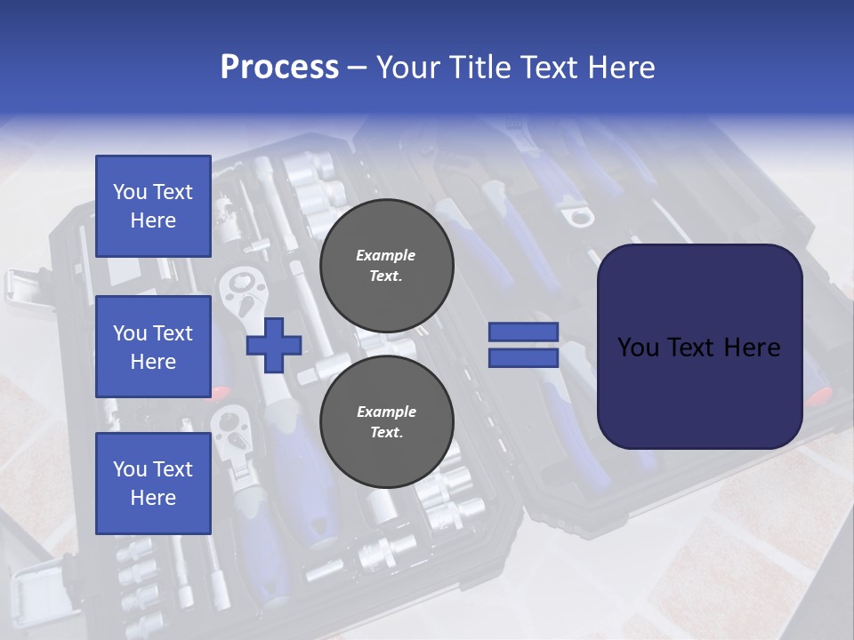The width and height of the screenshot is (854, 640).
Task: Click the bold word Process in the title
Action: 279,68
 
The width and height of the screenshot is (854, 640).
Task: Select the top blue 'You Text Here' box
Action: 153,206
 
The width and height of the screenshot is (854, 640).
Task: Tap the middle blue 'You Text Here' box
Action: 153,347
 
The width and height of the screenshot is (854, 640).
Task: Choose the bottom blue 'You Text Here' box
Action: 153,483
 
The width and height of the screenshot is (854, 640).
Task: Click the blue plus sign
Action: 274,346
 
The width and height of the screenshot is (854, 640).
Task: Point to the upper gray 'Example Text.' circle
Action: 386,265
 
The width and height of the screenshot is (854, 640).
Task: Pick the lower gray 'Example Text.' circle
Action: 386,421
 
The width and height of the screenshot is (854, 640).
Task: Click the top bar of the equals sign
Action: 523,332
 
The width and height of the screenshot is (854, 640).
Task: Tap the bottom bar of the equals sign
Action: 523,357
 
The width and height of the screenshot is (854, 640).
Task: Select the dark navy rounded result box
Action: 699,347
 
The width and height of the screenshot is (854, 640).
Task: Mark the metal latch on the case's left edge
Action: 20,284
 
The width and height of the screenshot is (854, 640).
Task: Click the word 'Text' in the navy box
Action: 699,348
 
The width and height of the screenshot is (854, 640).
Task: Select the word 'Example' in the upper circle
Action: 386,255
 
